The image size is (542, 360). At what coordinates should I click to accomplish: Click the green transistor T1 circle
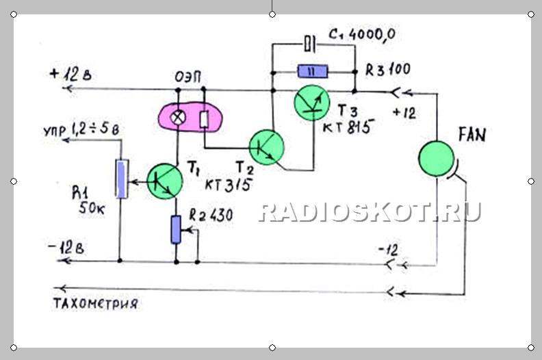click(x=165, y=181)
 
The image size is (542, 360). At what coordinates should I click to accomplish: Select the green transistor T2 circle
click(x=267, y=147)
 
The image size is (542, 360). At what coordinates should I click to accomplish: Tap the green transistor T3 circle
click(x=312, y=103)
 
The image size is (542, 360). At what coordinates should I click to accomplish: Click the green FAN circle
click(x=436, y=159)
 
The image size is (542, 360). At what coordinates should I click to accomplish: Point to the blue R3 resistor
click(x=313, y=72)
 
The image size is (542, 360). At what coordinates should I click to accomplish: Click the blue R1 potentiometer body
click(x=122, y=179)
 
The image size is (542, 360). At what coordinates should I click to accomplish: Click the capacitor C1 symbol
click(x=309, y=44)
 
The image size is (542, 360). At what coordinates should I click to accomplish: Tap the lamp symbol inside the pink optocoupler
click(x=178, y=118)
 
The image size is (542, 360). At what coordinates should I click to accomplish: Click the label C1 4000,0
click(x=362, y=35)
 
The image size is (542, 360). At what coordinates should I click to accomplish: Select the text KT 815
click(x=348, y=127)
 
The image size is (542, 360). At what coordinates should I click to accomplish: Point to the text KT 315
click(x=228, y=185)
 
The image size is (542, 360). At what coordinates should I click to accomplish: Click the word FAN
click(x=472, y=135)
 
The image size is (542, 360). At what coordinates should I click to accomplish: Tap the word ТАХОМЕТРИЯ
click(x=96, y=303)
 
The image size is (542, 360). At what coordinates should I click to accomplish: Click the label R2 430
click(x=211, y=215)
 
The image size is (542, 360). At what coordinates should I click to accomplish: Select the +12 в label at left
click(x=70, y=75)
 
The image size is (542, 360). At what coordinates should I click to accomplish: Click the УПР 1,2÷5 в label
click(x=81, y=129)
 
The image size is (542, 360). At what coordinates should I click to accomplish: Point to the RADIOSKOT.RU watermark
click(x=370, y=211)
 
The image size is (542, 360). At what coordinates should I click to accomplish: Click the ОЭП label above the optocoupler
click(x=188, y=77)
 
